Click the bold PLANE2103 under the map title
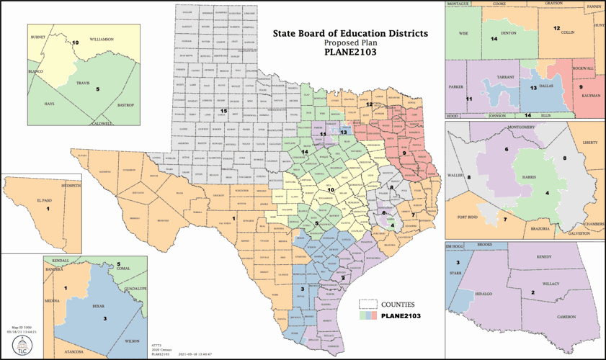(349, 53)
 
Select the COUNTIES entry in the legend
(397, 304)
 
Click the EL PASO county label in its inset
(48, 202)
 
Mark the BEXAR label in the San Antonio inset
(99, 305)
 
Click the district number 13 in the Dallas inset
(534, 87)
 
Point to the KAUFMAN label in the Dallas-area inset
(590, 95)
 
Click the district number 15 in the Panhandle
(224, 110)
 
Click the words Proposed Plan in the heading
(349, 43)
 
